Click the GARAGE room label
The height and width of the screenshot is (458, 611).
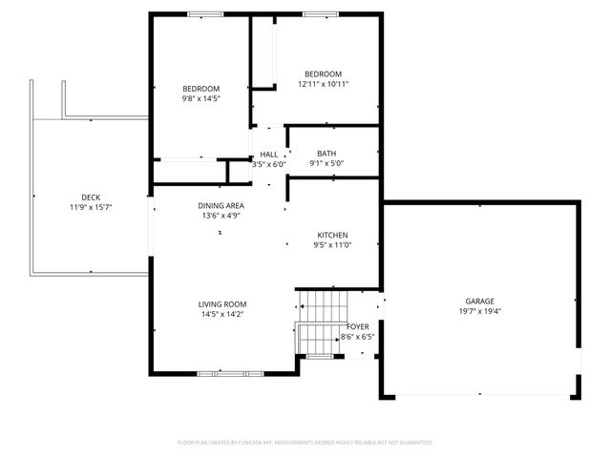479,301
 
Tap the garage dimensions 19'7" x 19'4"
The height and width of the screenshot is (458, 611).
479,311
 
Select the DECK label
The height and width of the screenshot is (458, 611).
91,198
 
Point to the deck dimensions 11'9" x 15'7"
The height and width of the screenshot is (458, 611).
91,208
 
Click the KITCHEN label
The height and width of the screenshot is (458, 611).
333,235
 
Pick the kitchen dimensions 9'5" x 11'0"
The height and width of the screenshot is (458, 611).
333,245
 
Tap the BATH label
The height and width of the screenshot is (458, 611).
327,153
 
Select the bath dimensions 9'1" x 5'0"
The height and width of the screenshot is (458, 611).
327,163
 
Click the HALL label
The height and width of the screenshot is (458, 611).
269,154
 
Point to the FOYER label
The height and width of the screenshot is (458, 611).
358,326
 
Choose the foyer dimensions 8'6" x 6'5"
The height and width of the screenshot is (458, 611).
358,337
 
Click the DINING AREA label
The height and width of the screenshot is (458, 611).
221,205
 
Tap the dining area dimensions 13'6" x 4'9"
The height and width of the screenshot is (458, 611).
221,216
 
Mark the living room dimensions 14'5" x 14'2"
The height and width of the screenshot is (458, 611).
222,314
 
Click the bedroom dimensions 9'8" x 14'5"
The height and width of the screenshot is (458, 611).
201,98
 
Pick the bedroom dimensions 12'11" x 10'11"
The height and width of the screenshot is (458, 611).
324,84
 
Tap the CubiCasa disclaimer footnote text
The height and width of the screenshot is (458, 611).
305,443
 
